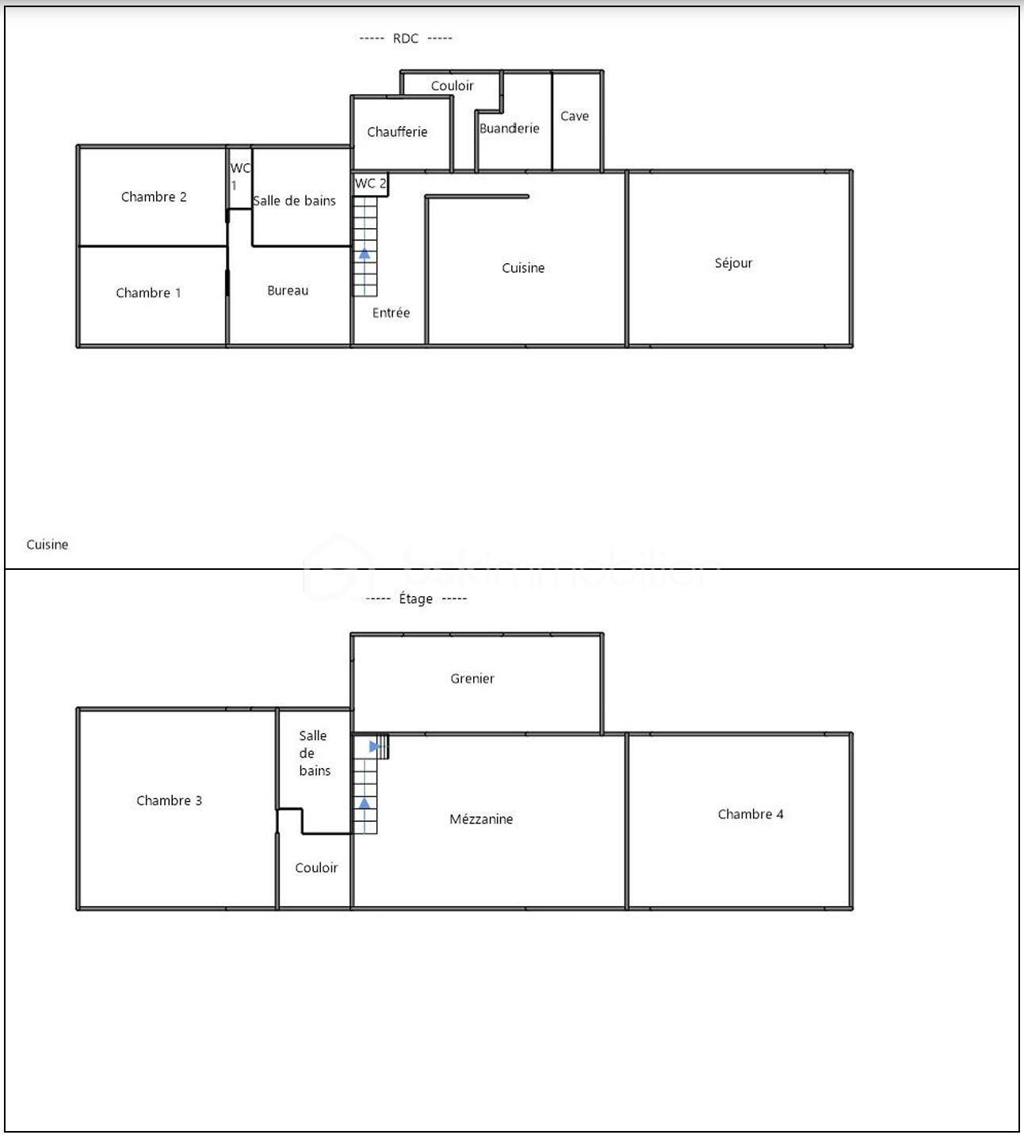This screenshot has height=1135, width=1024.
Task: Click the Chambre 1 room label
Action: [x=148, y=293]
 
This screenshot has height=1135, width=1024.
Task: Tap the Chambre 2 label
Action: [x=154, y=197]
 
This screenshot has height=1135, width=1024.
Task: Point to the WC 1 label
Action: [x=239, y=176]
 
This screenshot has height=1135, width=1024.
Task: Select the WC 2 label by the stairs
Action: [x=370, y=184]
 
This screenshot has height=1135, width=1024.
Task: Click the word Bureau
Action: [x=288, y=291]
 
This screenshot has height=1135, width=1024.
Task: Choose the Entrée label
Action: [x=391, y=313]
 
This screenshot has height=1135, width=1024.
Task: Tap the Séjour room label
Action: [x=733, y=263]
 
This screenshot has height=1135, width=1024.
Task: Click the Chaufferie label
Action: [x=397, y=132]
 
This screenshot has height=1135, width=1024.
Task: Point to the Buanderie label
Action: [x=509, y=128]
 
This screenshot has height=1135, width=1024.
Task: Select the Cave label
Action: [x=575, y=117]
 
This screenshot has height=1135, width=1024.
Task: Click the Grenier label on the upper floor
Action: [x=472, y=678]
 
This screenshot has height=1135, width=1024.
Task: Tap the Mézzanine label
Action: [x=481, y=820]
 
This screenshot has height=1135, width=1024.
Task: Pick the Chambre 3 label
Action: [x=169, y=801]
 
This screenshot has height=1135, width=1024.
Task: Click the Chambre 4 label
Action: [x=751, y=814]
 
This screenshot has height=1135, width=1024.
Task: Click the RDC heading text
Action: [x=406, y=39]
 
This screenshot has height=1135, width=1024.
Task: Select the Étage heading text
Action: [x=416, y=599]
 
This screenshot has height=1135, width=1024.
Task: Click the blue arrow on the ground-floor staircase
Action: [x=364, y=254]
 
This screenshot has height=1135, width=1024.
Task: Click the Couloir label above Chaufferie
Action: [x=453, y=86]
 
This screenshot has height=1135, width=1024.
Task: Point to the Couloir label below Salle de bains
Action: [x=316, y=868]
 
